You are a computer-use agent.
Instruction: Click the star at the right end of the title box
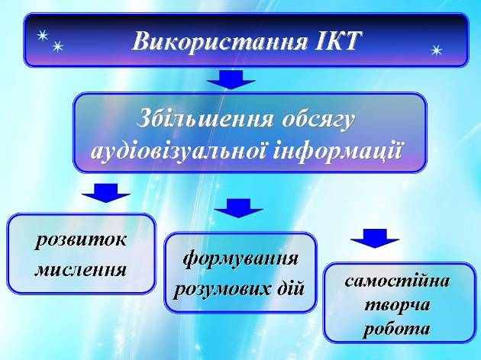(x=437, y=50)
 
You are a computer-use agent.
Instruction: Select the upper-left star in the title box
(x=43, y=36)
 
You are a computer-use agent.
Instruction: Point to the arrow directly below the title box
(x=231, y=79)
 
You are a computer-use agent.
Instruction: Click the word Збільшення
(x=205, y=118)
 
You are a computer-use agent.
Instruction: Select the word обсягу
(x=318, y=120)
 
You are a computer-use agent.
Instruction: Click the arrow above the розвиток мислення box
(x=106, y=193)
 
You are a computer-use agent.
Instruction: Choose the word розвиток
(x=80, y=240)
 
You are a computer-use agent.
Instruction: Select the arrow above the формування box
(x=238, y=208)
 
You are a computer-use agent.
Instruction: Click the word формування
(x=240, y=259)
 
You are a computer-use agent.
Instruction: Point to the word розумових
(x=222, y=289)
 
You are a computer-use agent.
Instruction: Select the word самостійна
(x=397, y=281)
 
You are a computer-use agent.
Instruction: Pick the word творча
(x=397, y=305)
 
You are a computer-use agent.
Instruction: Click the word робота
(x=396, y=329)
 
